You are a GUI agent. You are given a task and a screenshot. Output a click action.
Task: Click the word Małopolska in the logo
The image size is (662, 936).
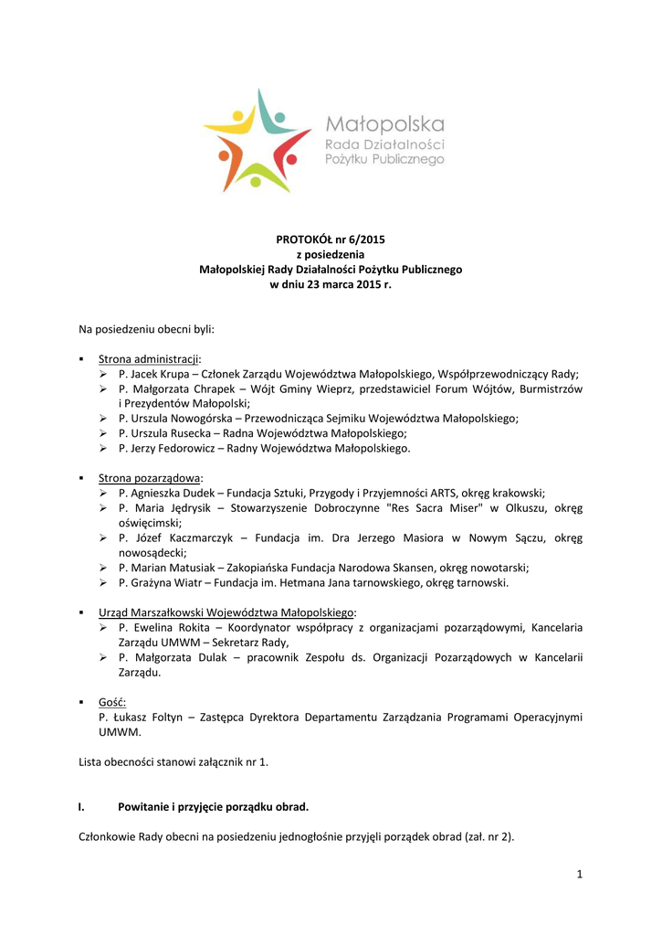(385, 123)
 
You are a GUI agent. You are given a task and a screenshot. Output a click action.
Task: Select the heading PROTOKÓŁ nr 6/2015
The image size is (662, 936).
(331, 239)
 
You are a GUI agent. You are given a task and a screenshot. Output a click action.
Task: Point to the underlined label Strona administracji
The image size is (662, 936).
(149, 359)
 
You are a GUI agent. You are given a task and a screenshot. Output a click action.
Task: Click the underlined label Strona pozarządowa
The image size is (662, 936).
(149, 478)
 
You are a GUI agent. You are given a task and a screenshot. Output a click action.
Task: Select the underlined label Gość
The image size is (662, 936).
(112, 702)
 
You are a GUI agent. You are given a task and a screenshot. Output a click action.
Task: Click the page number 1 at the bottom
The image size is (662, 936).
(579, 874)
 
